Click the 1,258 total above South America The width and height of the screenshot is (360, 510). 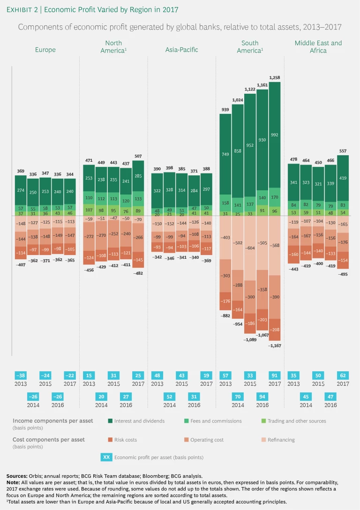click(x=275, y=77)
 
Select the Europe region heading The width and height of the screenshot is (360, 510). click(x=45, y=50)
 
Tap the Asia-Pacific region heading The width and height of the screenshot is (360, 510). click(x=182, y=50)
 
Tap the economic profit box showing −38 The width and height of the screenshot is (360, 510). click(x=21, y=375)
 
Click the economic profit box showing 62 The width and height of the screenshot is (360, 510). click(x=343, y=375)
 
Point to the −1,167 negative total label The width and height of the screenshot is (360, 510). click(x=274, y=345)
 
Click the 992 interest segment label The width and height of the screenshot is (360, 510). click(x=274, y=135)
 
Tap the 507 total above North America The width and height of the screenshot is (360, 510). click(x=138, y=156)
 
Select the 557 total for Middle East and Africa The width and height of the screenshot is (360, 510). click(x=343, y=150)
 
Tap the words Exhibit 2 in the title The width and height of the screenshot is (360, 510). click(x=25, y=9)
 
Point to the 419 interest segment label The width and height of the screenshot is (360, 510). click(x=343, y=178)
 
